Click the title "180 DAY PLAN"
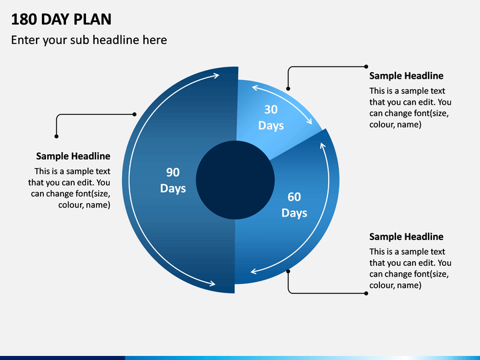tap(61, 19)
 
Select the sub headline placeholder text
tap(89, 40)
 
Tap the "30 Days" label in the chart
tap(271, 117)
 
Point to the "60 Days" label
tap(294, 205)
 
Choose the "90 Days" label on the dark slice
tap(173, 180)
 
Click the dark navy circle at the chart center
tap(235, 180)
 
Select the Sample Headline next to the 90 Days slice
tap(73, 156)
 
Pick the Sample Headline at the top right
tap(406, 76)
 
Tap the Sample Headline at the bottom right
tap(406, 237)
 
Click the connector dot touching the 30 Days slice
tap(288, 89)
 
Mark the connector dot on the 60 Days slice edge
tap(288, 271)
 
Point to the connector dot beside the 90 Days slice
tap(135, 114)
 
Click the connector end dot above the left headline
tap(56, 137)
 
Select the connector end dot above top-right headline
tap(366, 67)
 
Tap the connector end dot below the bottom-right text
tap(366, 293)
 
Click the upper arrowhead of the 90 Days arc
tap(217, 75)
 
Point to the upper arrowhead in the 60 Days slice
tap(323, 145)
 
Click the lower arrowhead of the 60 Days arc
tap(253, 271)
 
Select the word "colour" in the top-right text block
tap(379, 125)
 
